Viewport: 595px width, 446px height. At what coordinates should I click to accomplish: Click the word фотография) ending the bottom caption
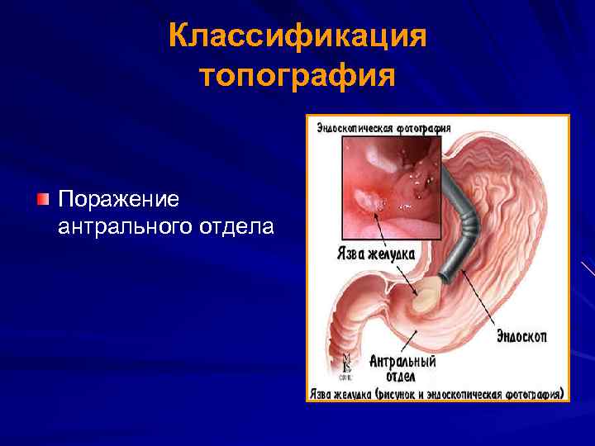point(534,394)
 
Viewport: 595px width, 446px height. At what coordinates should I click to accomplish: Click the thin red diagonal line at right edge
point(588,269)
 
